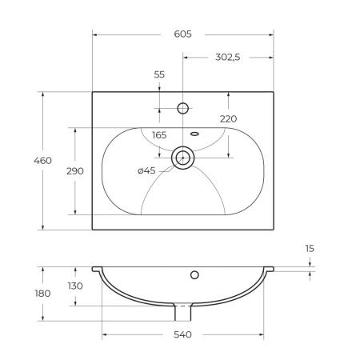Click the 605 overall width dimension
point(182,35)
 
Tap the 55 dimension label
point(158,74)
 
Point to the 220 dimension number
point(228,119)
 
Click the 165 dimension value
point(158,135)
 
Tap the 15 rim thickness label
point(310,250)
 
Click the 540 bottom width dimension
point(182,334)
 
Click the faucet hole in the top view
point(183,107)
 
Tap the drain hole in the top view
point(183,158)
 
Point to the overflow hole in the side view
point(194,276)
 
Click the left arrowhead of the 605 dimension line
point(95,35)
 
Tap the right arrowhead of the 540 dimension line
point(263,334)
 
